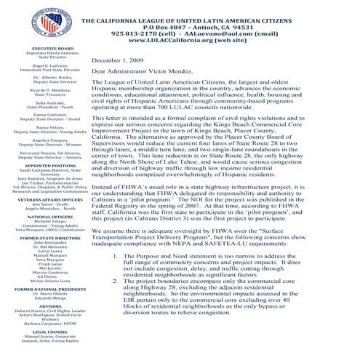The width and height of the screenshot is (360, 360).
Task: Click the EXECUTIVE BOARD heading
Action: pyautogui.click(x=44, y=49)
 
